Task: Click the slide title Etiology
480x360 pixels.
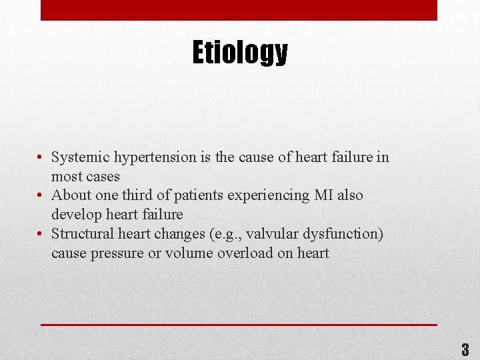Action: (240, 53)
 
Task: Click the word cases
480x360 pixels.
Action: (103, 177)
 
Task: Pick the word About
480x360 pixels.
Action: (70, 195)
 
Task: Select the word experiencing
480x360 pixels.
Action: (269, 196)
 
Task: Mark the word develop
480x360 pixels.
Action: (77, 215)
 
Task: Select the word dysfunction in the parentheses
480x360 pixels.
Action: (346, 234)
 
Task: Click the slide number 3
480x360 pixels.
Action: (465, 349)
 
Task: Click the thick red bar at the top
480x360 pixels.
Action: (239, 10)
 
